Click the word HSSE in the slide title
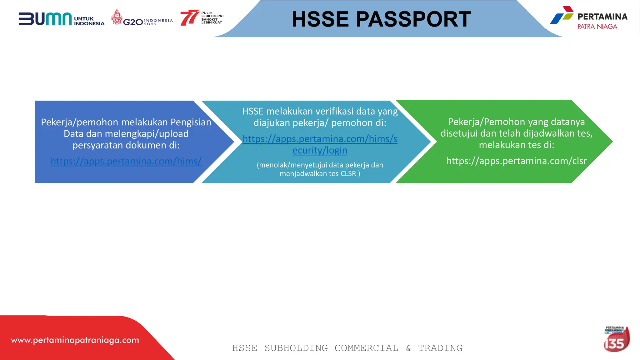pos(320,19)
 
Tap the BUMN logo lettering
pos(45,19)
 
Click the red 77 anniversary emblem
pos(189,17)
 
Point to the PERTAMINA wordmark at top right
pos(602,17)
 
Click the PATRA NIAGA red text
pos(597,27)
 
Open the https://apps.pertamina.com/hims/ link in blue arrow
pos(126,161)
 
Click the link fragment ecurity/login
pos(320,151)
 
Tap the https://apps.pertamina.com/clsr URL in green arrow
pos(516,161)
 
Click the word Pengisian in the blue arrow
pos(191,122)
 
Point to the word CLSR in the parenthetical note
pos(348,174)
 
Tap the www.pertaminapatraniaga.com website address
pos(75,340)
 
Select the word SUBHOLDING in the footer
pos(296,348)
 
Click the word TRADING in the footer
pos(440,348)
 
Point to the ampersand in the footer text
pos(408,348)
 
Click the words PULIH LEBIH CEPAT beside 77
pos(212,15)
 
